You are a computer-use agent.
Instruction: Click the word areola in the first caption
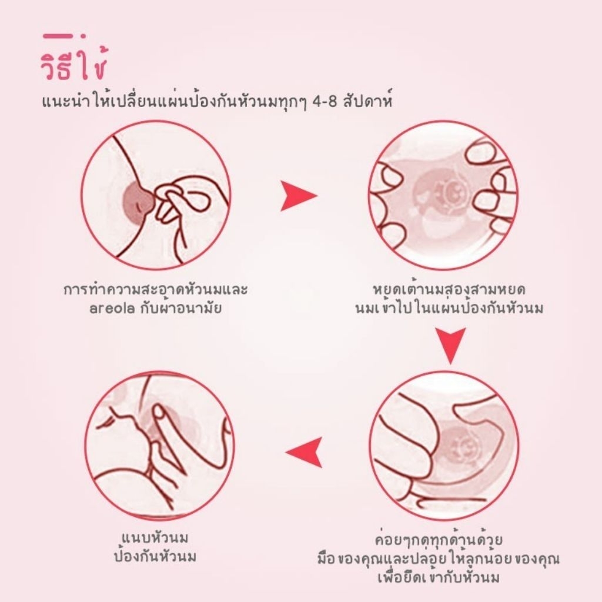point(112,309)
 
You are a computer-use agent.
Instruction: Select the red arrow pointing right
point(298,196)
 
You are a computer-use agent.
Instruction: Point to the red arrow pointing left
point(304,452)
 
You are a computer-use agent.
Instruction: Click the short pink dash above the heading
point(58,36)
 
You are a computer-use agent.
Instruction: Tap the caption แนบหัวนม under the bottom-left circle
point(155,539)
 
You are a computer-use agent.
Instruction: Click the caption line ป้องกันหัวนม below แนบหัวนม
point(155,557)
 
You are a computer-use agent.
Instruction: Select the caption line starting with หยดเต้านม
point(449,289)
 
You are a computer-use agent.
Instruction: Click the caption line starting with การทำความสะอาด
point(155,289)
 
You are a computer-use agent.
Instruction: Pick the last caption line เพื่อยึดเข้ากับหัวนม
point(439,577)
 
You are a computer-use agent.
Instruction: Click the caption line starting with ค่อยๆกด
point(439,540)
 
